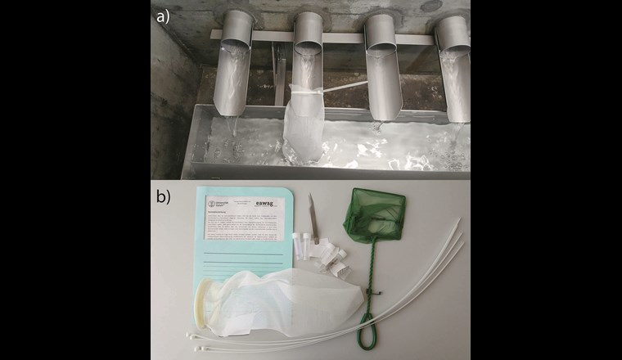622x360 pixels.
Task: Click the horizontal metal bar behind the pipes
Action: click(262, 37)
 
